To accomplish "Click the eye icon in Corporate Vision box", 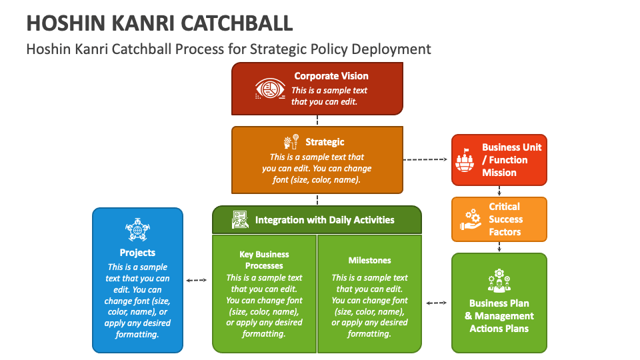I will tap(270, 89).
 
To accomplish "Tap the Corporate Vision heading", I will tap(331, 76).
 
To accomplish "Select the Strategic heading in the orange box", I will tap(325, 141).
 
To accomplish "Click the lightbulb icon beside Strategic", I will tap(291, 141).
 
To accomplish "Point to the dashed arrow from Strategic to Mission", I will tap(427, 159).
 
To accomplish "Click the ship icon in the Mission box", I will tap(464, 160).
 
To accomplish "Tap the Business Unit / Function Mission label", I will tap(511, 160).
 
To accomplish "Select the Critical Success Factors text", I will tap(505, 219).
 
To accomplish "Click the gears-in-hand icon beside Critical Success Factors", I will tap(471, 220).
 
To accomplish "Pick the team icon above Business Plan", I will tap(499, 281).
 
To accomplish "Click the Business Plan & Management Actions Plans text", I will tap(499, 316).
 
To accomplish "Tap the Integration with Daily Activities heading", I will tap(325, 219).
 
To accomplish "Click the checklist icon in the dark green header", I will tap(239, 219).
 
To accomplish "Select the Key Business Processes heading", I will tap(264, 260).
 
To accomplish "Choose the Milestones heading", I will tap(369, 260).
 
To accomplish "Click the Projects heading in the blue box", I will tap(137, 253).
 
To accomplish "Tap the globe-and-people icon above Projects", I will tap(137, 230).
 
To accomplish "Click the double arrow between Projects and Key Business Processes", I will tap(197, 281).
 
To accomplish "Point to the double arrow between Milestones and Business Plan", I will tap(436, 303).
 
